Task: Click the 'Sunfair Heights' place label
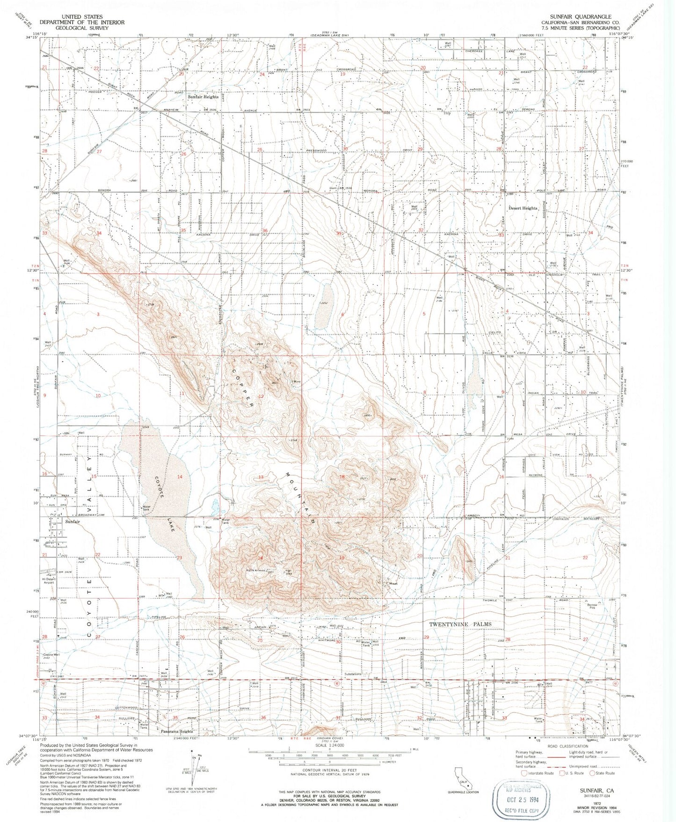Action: pyautogui.click(x=203, y=97)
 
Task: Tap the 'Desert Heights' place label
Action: pyautogui.click(x=523, y=208)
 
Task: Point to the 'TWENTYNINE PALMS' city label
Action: pyautogui.click(x=460, y=624)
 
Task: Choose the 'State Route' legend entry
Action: pyautogui.click(x=605, y=773)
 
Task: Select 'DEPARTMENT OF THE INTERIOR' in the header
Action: pyautogui.click(x=82, y=22)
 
